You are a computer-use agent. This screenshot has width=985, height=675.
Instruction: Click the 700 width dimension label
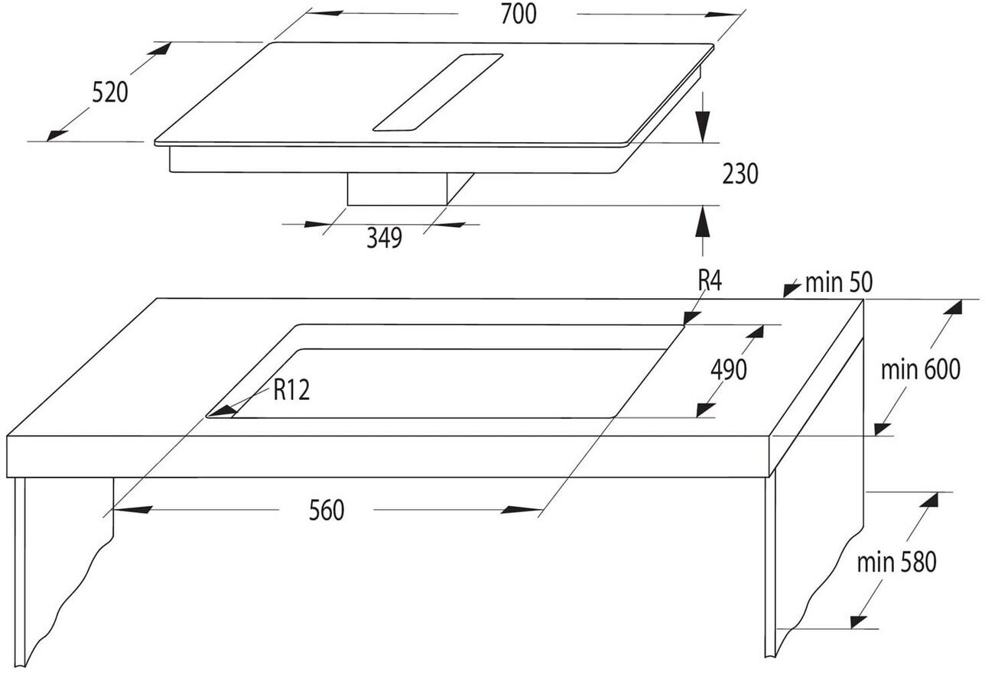click(x=518, y=14)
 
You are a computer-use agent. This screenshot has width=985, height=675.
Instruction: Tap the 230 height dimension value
click(x=740, y=174)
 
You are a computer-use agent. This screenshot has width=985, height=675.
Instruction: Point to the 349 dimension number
click(x=383, y=239)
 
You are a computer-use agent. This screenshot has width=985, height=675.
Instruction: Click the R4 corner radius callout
click(x=710, y=281)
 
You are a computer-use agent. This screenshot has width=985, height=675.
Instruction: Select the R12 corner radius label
click(x=291, y=391)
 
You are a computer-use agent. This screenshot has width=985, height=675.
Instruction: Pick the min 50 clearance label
click(x=838, y=284)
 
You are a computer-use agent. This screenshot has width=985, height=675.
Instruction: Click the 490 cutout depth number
click(x=728, y=370)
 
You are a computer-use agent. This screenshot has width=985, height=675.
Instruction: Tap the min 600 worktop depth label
click(x=920, y=370)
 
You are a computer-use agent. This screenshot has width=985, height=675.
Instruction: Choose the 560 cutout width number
click(x=327, y=510)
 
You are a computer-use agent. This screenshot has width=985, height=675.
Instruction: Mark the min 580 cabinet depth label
click(x=896, y=563)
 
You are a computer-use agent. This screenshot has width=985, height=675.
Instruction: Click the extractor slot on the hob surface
click(x=437, y=92)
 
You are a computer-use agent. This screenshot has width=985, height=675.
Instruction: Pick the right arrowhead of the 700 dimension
click(x=727, y=15)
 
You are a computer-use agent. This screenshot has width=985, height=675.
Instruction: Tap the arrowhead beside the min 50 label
click(x=789, y=289)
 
